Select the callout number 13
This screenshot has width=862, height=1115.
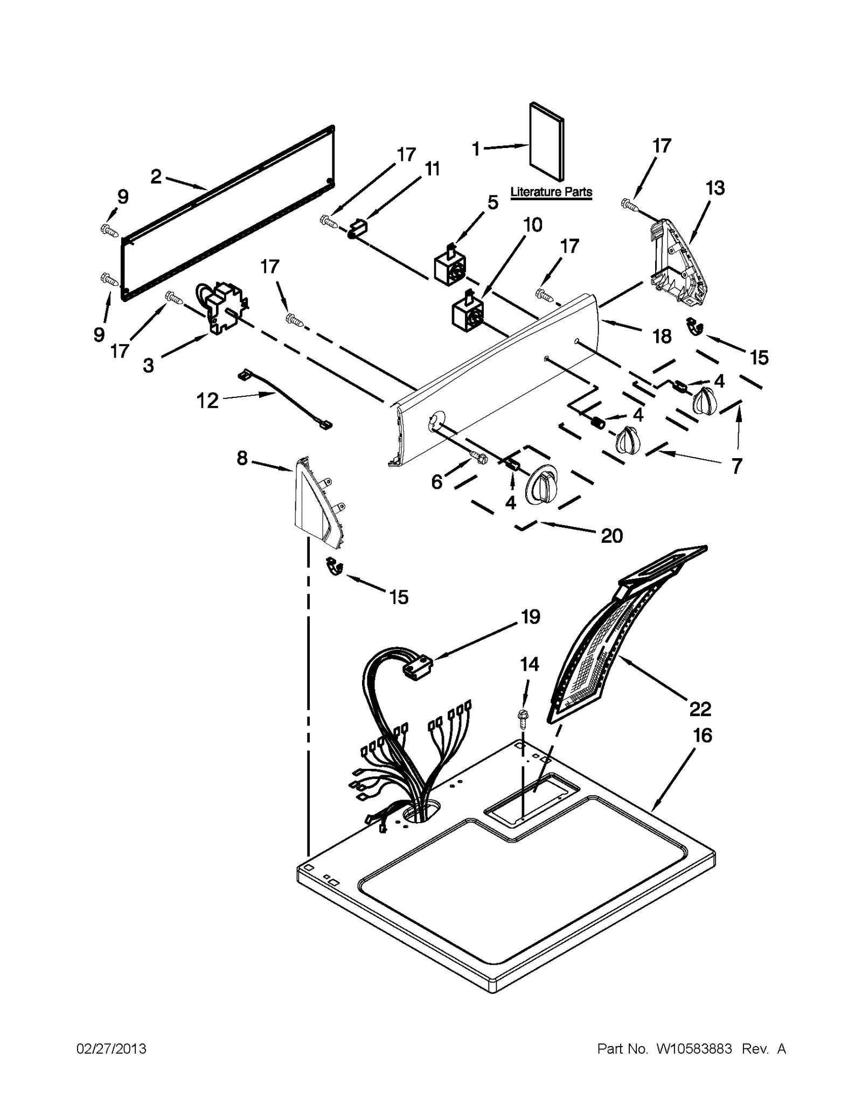pos(715,188)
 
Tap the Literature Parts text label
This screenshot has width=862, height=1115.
pos(551,192)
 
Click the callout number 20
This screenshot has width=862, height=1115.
pos(611,536)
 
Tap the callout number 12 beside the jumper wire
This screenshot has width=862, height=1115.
pos(207,401)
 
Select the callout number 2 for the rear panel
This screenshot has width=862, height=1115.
pos(156,176)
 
